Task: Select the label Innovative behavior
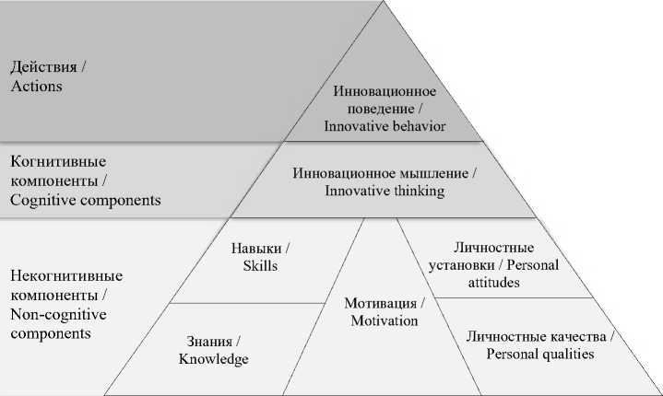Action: pyautogui.click(x=385, y=126)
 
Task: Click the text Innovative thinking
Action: pyautogui.click(x=385, y=191)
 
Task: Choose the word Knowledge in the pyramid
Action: pyautogui.click(x=214, y=359)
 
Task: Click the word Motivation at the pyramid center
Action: pyautogui.click(x=385, y=320)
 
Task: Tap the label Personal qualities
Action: pyautogui.click(x=540, y=353)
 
